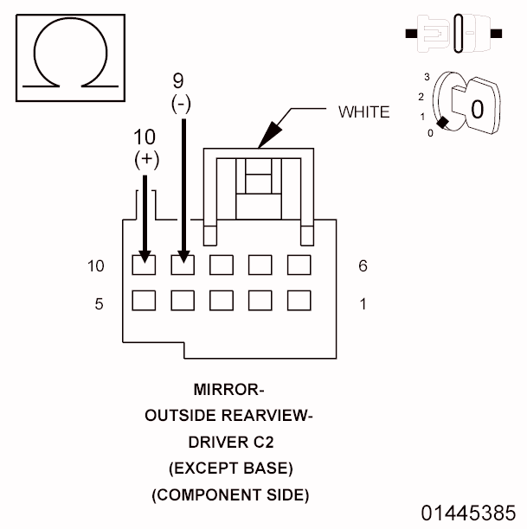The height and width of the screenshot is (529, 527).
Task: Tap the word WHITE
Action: (x=363, y=111)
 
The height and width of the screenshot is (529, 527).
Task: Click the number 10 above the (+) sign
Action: (x=146, y=137)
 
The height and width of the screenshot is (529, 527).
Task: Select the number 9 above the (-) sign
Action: (x=178, y=81)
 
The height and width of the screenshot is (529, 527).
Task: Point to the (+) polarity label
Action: (x=145, y=160)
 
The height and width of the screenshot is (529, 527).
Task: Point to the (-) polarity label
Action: (x=181, y=104)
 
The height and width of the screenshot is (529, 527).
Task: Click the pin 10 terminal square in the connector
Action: (x=144, y=264)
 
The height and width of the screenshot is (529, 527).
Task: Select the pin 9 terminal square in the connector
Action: (x=183, y=264)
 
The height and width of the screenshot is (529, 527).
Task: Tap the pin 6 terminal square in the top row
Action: (x=299, y=264)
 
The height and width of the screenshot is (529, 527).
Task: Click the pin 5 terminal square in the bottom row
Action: (x=144, y=300)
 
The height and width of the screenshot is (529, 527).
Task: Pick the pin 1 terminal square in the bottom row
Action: (x=299, y=300)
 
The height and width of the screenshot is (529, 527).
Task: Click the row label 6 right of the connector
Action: (x=363, y=266)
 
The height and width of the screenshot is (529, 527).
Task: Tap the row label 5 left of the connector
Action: (x=100, y=303)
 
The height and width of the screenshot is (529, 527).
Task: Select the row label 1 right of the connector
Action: (x=363, y=303)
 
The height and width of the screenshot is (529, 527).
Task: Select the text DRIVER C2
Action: (x=228, y=442)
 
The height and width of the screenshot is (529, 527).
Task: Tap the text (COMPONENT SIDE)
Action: (x=228, y=495)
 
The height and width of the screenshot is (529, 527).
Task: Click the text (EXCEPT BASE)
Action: (x=228, y=468)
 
